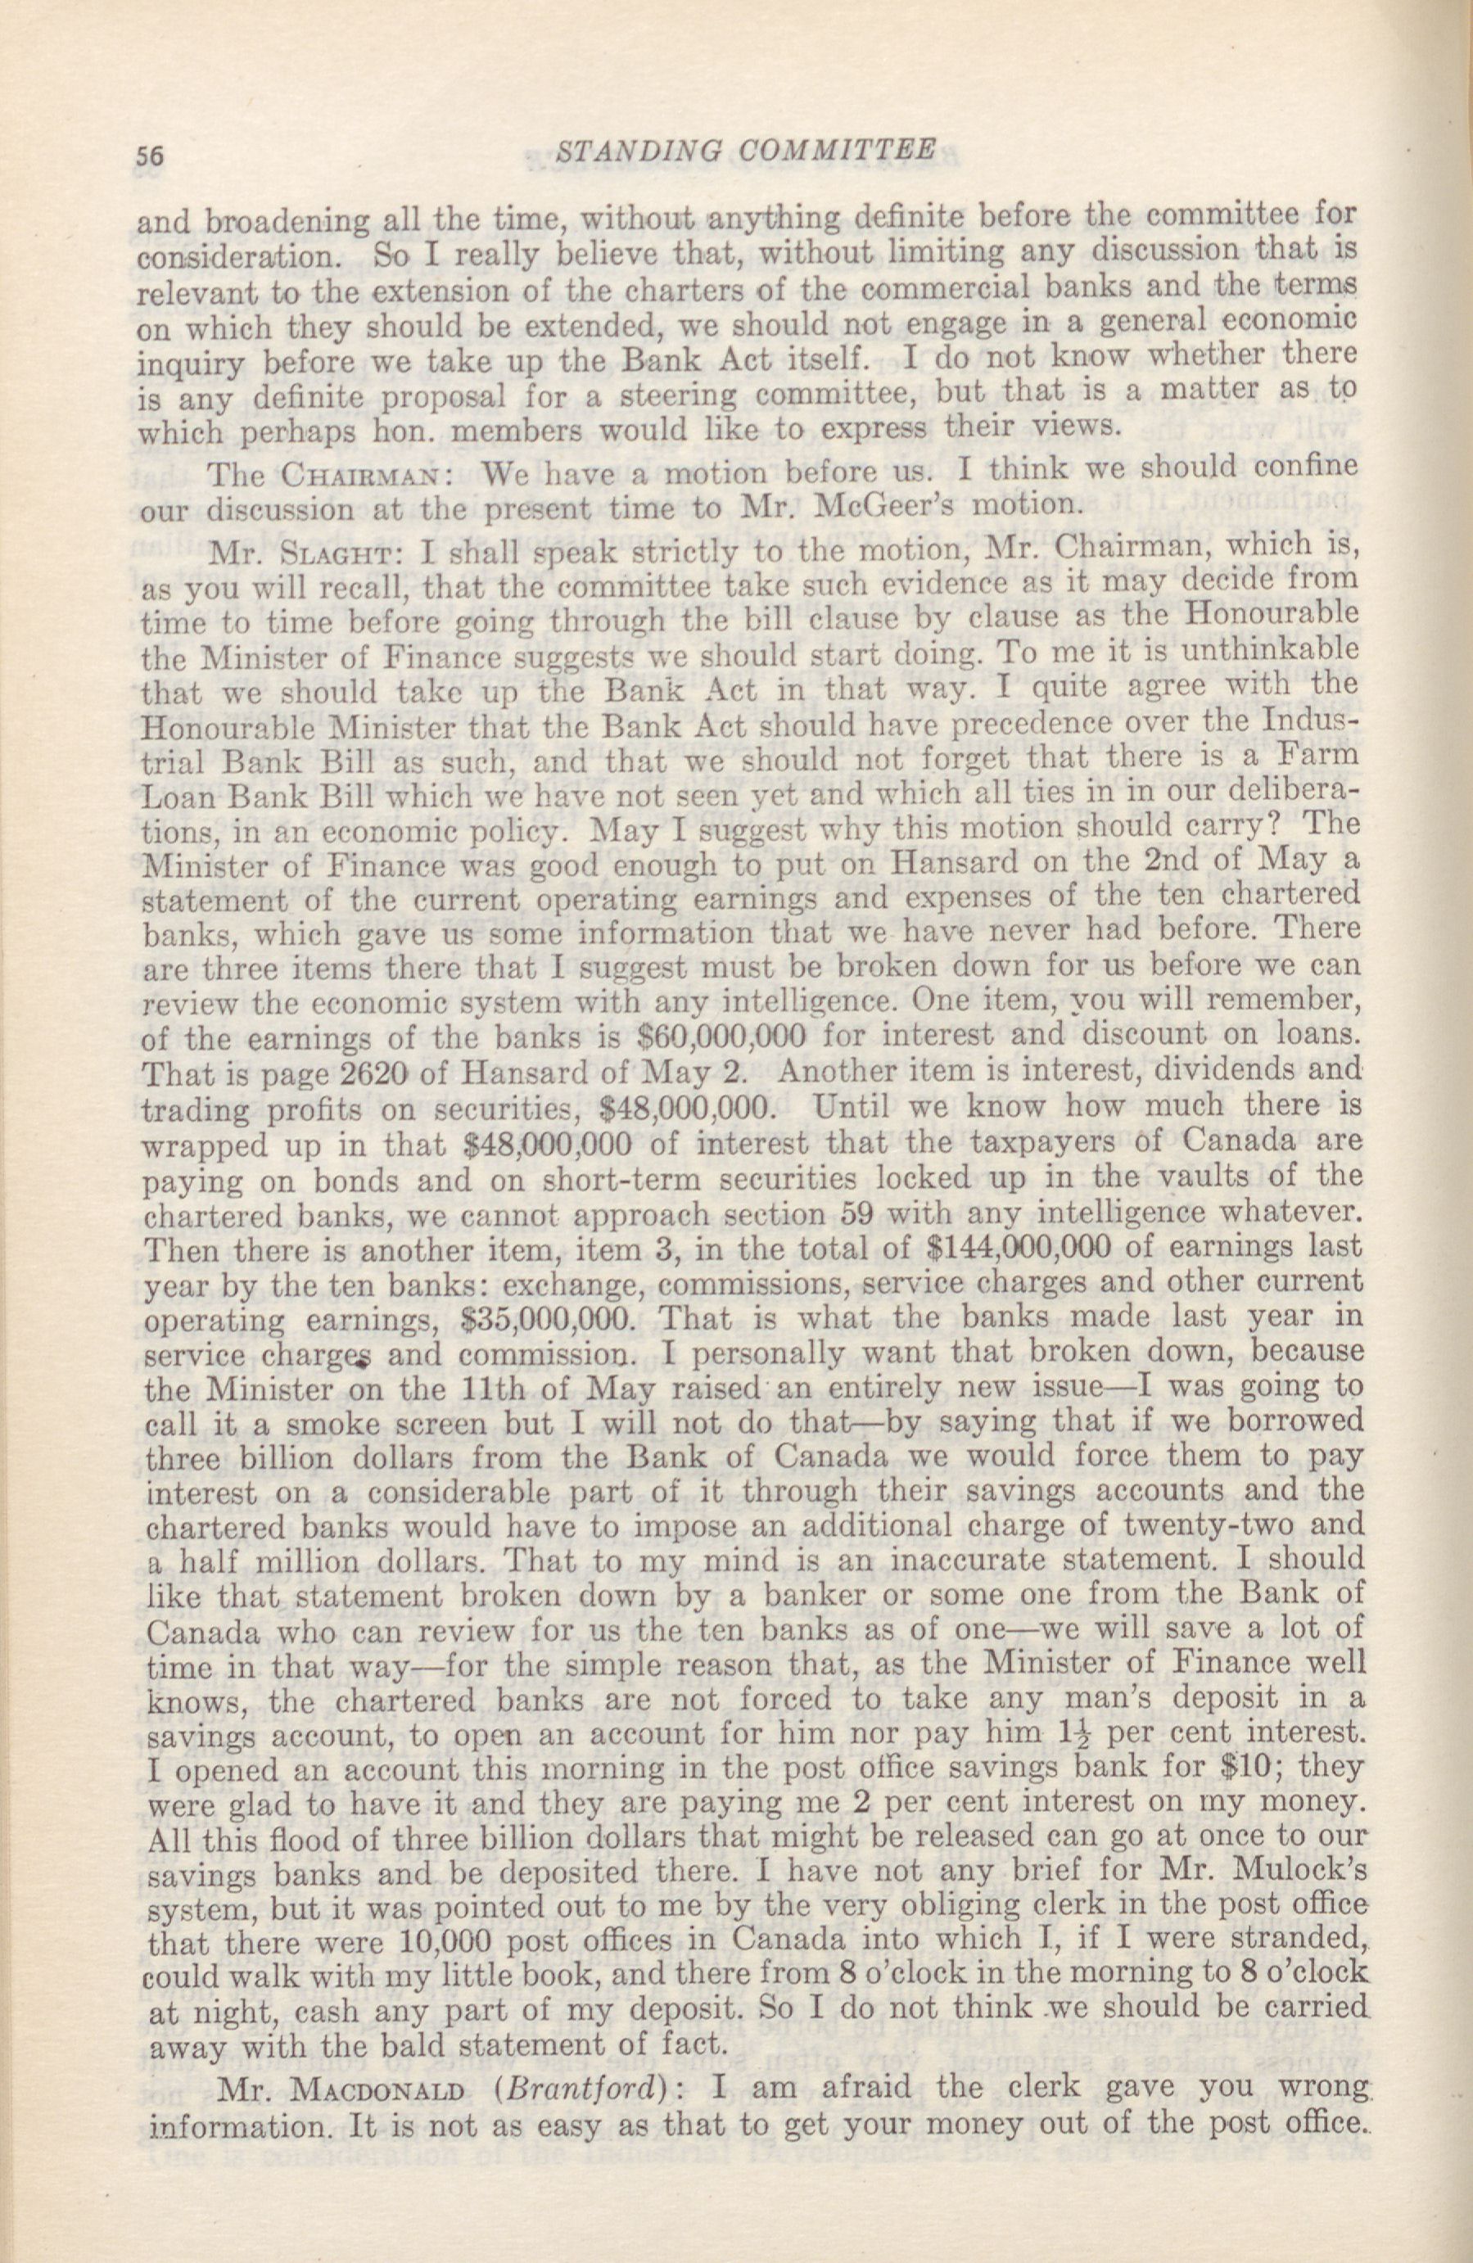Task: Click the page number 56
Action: tap(152, 155)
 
